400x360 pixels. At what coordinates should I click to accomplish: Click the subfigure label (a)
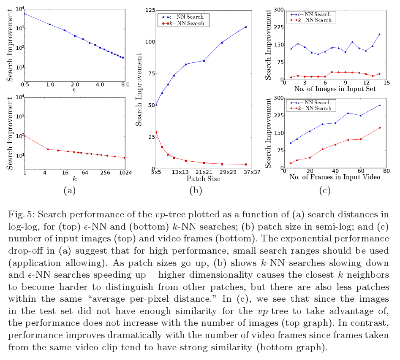[x=69, y=191]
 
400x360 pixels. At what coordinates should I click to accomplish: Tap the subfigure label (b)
[x=196, y=191]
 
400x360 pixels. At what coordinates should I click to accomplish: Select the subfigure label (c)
[x=324, y=191]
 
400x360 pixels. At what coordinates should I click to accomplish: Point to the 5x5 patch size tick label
[x=155, y=172]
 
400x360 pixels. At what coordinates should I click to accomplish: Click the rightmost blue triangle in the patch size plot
[x=245, y=27]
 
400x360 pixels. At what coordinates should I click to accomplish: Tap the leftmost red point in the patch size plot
[x=156, y=132]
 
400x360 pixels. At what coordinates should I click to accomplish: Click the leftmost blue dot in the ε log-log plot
[x=25, y=14]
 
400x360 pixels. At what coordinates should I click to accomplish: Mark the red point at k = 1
[x=25, y=135]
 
